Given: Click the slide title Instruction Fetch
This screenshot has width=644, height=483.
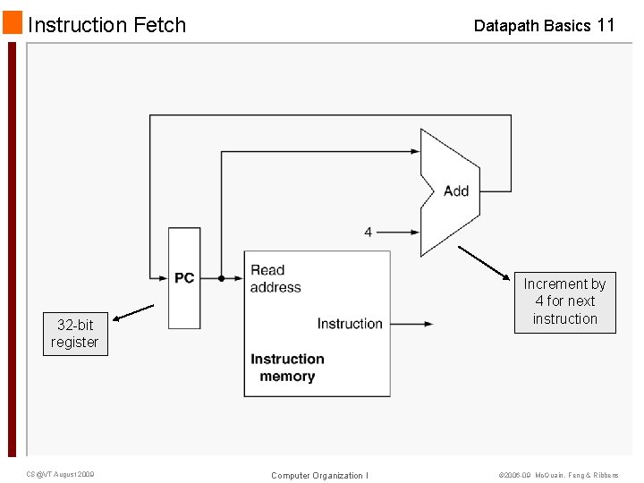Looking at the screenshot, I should [x=106, y=25].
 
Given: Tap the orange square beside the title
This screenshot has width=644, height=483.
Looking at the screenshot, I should [x=12, y=22].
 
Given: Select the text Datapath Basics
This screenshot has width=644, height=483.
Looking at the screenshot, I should [x=531, y=26].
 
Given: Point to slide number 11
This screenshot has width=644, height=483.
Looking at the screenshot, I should [x=606, y=25].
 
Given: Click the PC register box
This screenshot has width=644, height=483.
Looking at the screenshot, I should [x=184, y=278].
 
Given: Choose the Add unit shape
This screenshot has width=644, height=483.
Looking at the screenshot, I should [x=451, y=191].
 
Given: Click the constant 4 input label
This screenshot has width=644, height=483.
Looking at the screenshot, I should [x=369, y=232].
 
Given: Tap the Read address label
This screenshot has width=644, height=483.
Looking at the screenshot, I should [x=275, y=278].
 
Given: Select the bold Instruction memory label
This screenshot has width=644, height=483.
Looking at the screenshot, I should [x=287, y=368].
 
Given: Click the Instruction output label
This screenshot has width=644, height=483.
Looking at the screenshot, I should [x=350, y=324].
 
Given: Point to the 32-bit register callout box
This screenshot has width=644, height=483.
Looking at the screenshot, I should [x=75, y=334].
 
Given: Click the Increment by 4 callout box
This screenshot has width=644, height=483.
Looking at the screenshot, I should [x=564, y=301].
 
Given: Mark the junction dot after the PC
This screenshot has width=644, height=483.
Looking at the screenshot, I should [x=222, y=278].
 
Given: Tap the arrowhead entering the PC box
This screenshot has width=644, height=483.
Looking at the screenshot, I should [x=163, y=278].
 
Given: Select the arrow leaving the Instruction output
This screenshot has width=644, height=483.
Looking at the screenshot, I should [x=412, y=324].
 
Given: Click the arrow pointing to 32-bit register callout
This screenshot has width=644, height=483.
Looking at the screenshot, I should [x=134, y=311].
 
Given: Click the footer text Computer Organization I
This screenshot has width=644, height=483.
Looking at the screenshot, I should [x=319, y=475].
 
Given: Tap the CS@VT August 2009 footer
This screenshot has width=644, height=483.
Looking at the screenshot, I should [x=60, y=474].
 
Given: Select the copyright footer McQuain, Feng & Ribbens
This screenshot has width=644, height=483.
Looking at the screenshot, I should [x=557, y=475].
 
